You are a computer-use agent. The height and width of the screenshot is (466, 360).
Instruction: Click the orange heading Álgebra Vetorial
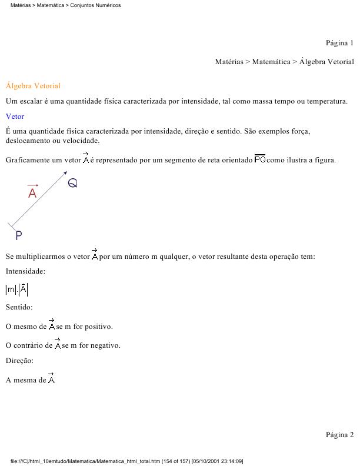click(33, 86)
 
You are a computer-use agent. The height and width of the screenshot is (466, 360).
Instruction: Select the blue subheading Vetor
click(15, 116)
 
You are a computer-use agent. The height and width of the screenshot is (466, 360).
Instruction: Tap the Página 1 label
click(339, 43)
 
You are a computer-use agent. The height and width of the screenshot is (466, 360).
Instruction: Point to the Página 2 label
click(339, 435)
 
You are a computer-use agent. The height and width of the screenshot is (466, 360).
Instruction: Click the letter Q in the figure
click(72, 183)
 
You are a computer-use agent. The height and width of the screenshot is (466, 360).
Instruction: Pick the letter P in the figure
click(19, 235)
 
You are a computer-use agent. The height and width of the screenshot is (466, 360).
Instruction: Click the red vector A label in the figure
click(32, 192)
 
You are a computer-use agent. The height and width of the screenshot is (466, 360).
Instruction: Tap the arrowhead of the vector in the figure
click(65, 172)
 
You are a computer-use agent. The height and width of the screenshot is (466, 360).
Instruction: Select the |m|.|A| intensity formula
click(16, 289)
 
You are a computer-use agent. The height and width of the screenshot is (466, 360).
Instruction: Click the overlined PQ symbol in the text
click(259, 159)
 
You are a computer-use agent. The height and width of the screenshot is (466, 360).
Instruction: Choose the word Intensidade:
click(25, 271)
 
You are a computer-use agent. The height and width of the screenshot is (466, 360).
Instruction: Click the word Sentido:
click(19, 307)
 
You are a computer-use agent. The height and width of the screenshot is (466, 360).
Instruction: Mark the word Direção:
click(19, 361)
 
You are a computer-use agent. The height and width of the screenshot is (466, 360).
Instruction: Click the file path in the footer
click(126, 461)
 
